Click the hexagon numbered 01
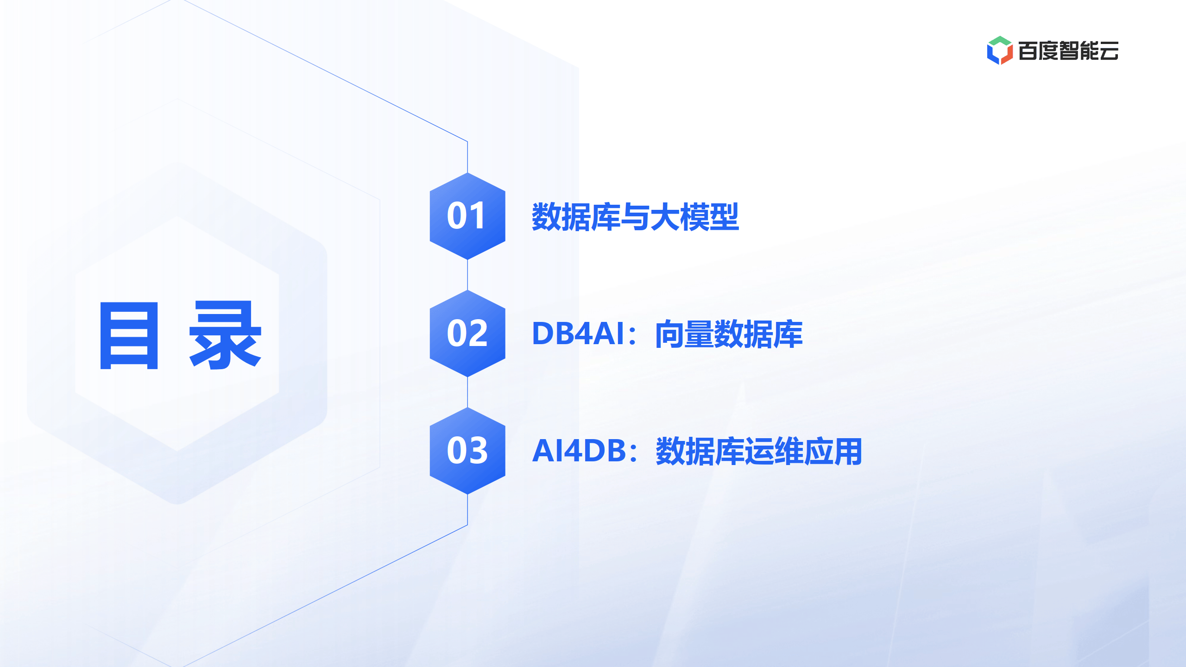(x=467, y=216)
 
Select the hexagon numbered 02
(x=467, y=333)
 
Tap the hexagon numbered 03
(x=467, y=451)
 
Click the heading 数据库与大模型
(x=635, y=217)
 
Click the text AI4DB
(x=579, y=451)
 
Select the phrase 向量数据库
(x=729, y=334)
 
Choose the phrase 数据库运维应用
(x=759, y=451)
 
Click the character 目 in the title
(x=129, y=335)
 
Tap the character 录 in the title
(x=226, y=335)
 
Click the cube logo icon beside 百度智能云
(x=1000, y=50)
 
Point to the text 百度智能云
(x=1068, y=50)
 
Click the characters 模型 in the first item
(x=709, y=217)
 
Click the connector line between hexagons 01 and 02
(x=467, y=275)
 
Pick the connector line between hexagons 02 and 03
(x=467, y=392)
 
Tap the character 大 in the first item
(x=665, y=217)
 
